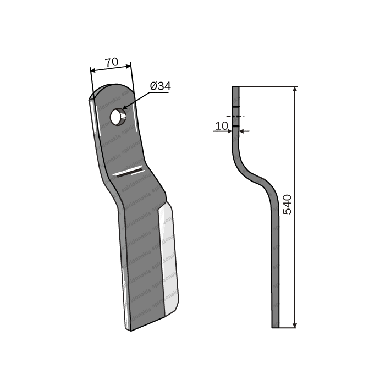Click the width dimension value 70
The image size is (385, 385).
tap(111, 62)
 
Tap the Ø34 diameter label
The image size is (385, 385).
tap(160, 86)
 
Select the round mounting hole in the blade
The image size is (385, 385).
tap(118, 117)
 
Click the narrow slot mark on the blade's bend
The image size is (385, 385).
tap(129, 173)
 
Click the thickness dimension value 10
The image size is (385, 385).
tap(222, 125)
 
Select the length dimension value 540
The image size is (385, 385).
tap(287, 204)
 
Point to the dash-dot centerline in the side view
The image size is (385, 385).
tap(235, 117)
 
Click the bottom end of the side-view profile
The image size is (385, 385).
tap(275, 326)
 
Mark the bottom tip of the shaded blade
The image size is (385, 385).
tap(130, 328)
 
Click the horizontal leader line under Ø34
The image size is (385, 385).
tap(159, 93)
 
